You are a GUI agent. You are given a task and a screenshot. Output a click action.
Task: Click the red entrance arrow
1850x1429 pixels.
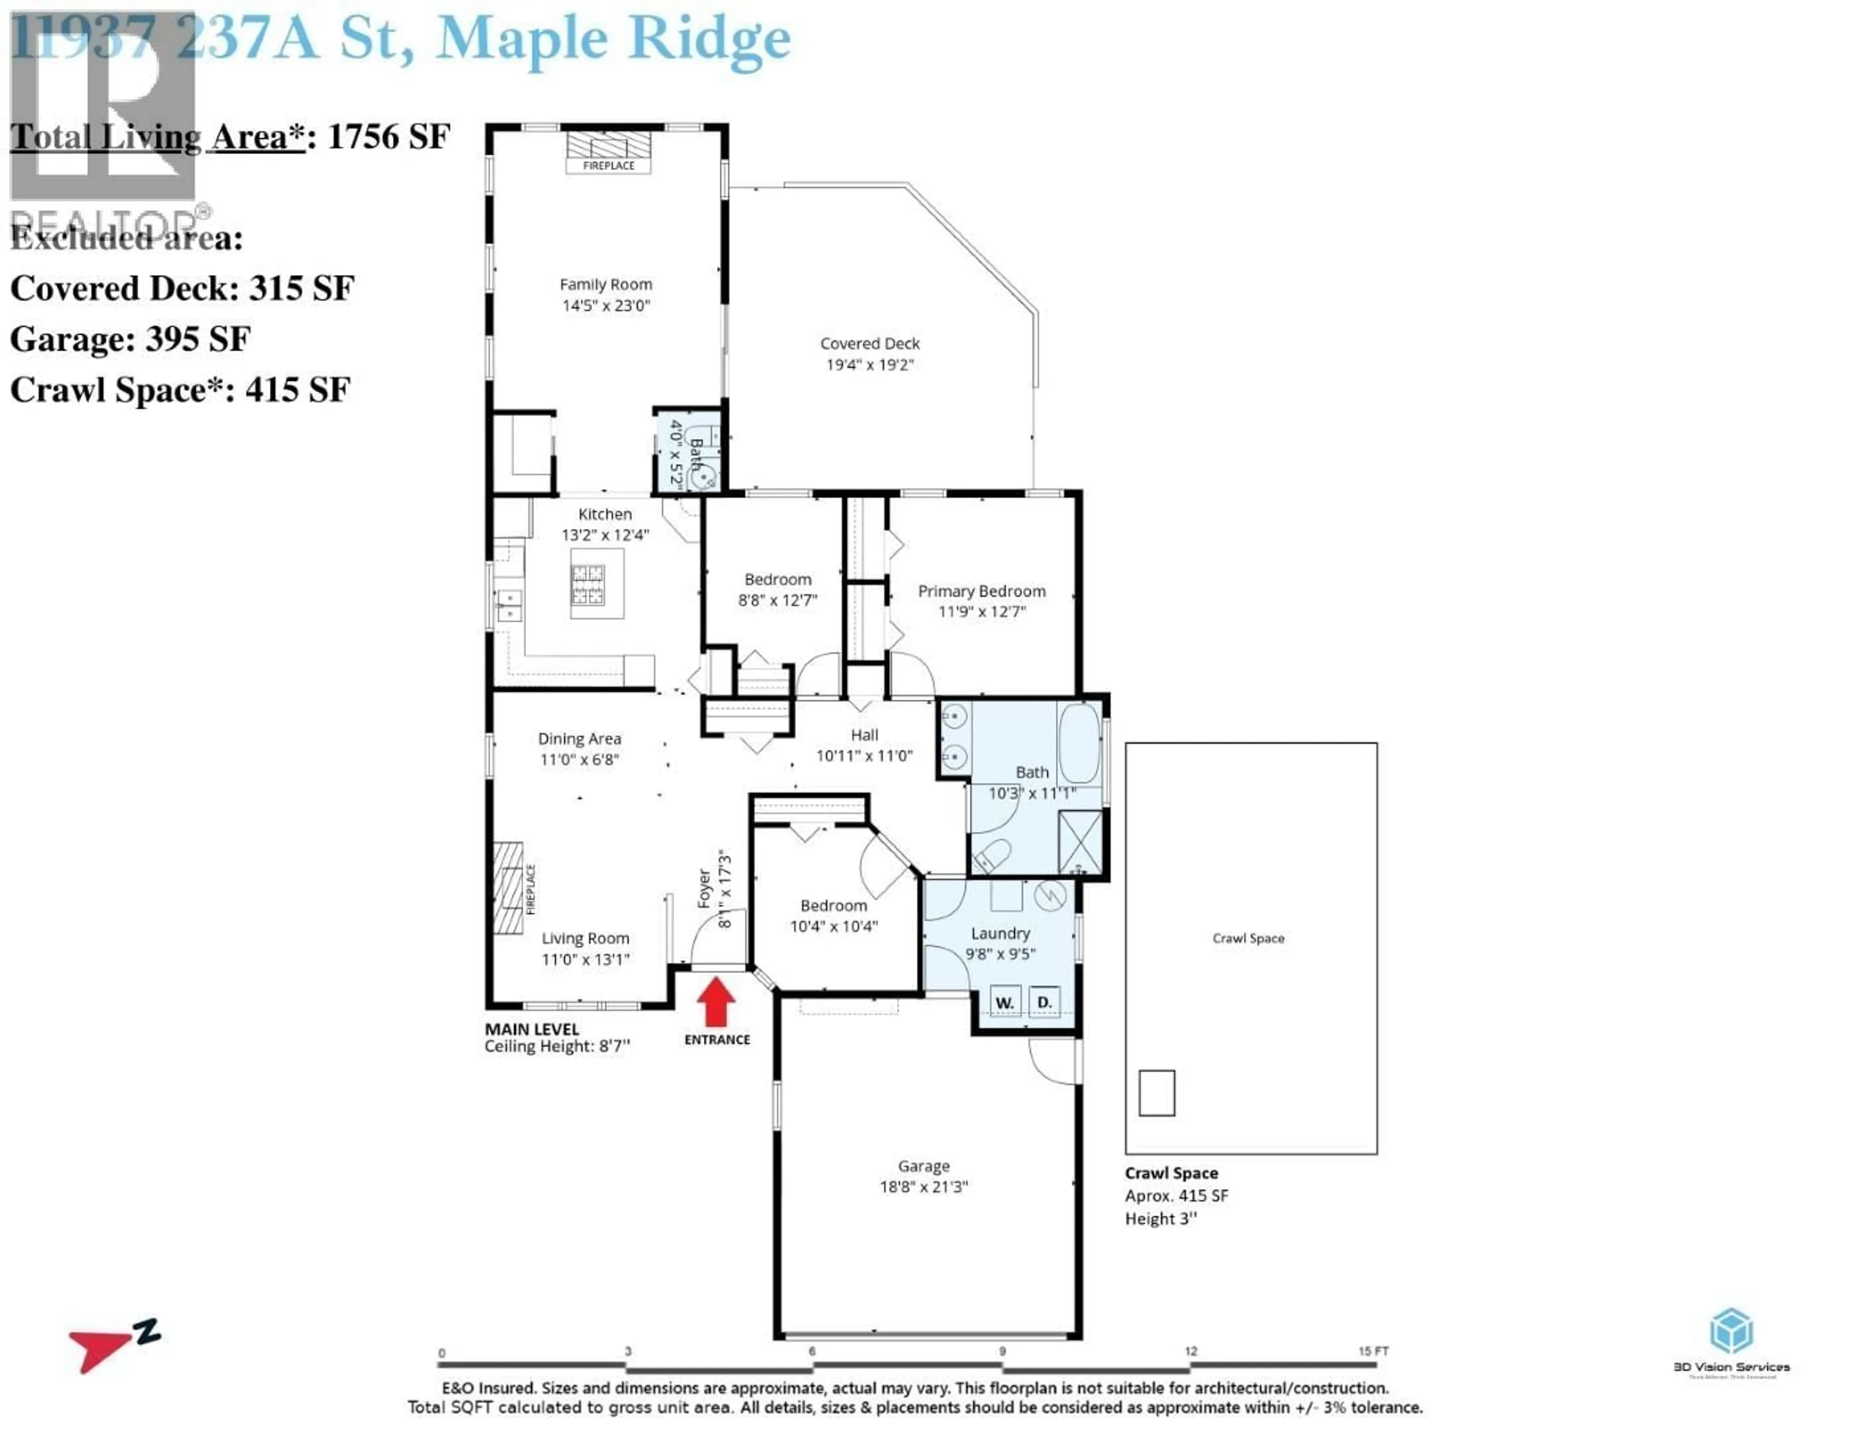coord(716,1003)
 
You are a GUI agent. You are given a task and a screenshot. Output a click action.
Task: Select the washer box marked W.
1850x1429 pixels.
coord(1004,1003)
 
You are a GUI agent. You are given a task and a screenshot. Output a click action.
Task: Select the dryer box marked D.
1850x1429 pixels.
coord(1044,1002)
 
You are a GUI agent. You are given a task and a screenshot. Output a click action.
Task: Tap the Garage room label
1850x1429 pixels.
coord(923,1167)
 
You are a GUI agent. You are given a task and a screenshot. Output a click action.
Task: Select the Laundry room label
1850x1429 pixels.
coord(1000,933)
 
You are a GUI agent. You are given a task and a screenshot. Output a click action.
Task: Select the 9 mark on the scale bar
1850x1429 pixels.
coord(1002,1351)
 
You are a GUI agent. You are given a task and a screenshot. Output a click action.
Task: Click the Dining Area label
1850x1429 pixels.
coord(580,739)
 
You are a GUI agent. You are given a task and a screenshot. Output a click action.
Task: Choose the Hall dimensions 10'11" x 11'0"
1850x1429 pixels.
coord(864,756)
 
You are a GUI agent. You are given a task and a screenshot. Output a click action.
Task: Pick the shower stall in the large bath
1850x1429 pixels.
coord(1080,841)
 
